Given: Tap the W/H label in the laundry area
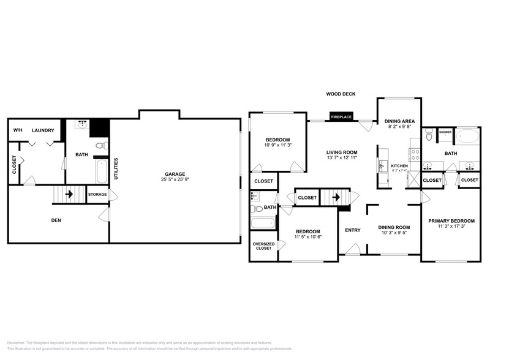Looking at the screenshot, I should (x=17, y=130).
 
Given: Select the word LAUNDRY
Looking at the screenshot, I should (x=43, y=130).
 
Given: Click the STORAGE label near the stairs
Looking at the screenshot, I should (x=97, y=195).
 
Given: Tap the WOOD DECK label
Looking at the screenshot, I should (x=341, y=94).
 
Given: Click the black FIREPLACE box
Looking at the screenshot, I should (x=341, y=116).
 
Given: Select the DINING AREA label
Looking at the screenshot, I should (x=399, y=121).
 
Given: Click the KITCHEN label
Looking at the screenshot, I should (x=399, y=166).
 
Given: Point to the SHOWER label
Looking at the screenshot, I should (x=445, y=132).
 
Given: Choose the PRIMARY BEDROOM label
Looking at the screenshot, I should (x=451, y=221).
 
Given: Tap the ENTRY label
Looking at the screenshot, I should (x=353, y=230).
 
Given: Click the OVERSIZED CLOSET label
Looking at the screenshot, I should (x=263, y=246).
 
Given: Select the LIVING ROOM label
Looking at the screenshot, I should (x=341, y=152).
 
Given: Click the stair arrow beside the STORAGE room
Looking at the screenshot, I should (x=69, y=195).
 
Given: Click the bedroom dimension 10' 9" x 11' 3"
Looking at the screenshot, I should (x=277, y=145).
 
